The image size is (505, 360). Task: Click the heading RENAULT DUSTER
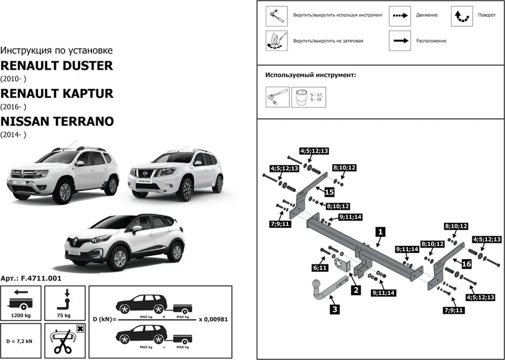[56, 65]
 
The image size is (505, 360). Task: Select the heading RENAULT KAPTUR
[57, 93]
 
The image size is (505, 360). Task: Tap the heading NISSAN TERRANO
[57, 121]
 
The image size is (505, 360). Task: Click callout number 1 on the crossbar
[380, 231]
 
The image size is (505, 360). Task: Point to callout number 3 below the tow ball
[334, 310]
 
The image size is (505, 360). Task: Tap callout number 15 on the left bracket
[329, 192]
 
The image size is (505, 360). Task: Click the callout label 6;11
[320, 267]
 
